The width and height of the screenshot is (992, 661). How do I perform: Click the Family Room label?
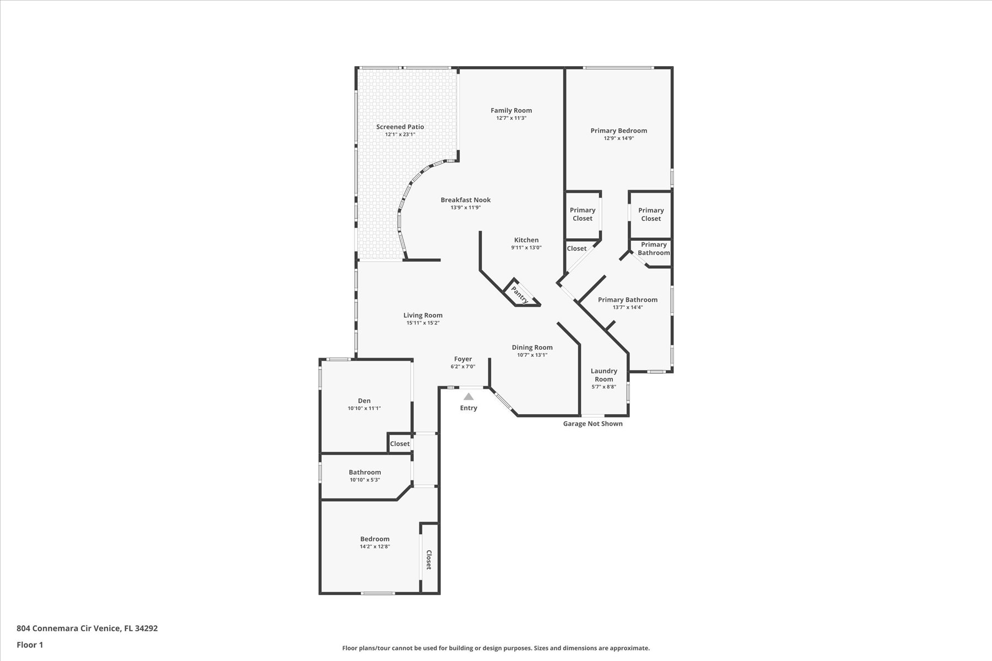coord(511,111)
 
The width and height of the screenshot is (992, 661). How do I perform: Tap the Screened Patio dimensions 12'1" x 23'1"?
coord(400,134)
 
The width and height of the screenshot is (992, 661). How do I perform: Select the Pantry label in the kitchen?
coord(520,294)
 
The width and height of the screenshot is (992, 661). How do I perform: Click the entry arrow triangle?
coord(468,396)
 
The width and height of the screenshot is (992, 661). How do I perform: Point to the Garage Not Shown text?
coord(593,424)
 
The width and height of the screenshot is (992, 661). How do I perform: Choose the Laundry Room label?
coord(604,375)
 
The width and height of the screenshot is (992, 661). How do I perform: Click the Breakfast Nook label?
coord(466,200)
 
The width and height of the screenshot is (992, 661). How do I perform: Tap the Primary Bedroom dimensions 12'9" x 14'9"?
coord(619,138)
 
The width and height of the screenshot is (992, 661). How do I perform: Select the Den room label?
coord(364,401)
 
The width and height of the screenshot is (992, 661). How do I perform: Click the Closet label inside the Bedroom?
coord(428,560)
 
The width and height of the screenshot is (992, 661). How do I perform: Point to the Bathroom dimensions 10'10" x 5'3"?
coord(364,480)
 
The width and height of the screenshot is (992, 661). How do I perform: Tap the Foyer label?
coord(463,359)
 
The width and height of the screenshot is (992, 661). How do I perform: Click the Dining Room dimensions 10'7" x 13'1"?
coord(532,355)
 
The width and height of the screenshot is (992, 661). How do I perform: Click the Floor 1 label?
coord(30,645)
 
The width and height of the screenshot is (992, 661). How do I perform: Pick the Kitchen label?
coord(526,240)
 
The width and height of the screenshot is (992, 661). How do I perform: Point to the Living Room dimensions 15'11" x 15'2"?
coord(423,323)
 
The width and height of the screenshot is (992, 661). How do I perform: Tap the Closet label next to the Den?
coord(400,444)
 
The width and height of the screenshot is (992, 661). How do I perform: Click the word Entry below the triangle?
coord(468,408)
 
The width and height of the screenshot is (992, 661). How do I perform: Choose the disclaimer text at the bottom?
coord(496,648)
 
